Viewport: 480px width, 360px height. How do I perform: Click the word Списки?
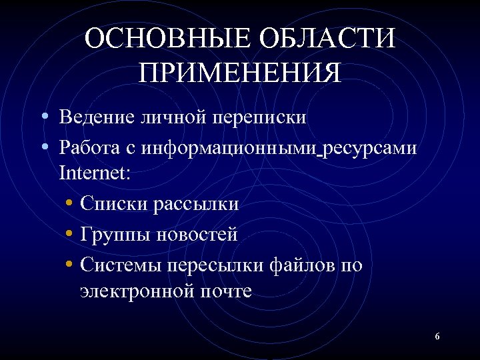click(x=112, y=203)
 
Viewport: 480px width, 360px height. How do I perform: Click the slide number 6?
click(x=437, y=337)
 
